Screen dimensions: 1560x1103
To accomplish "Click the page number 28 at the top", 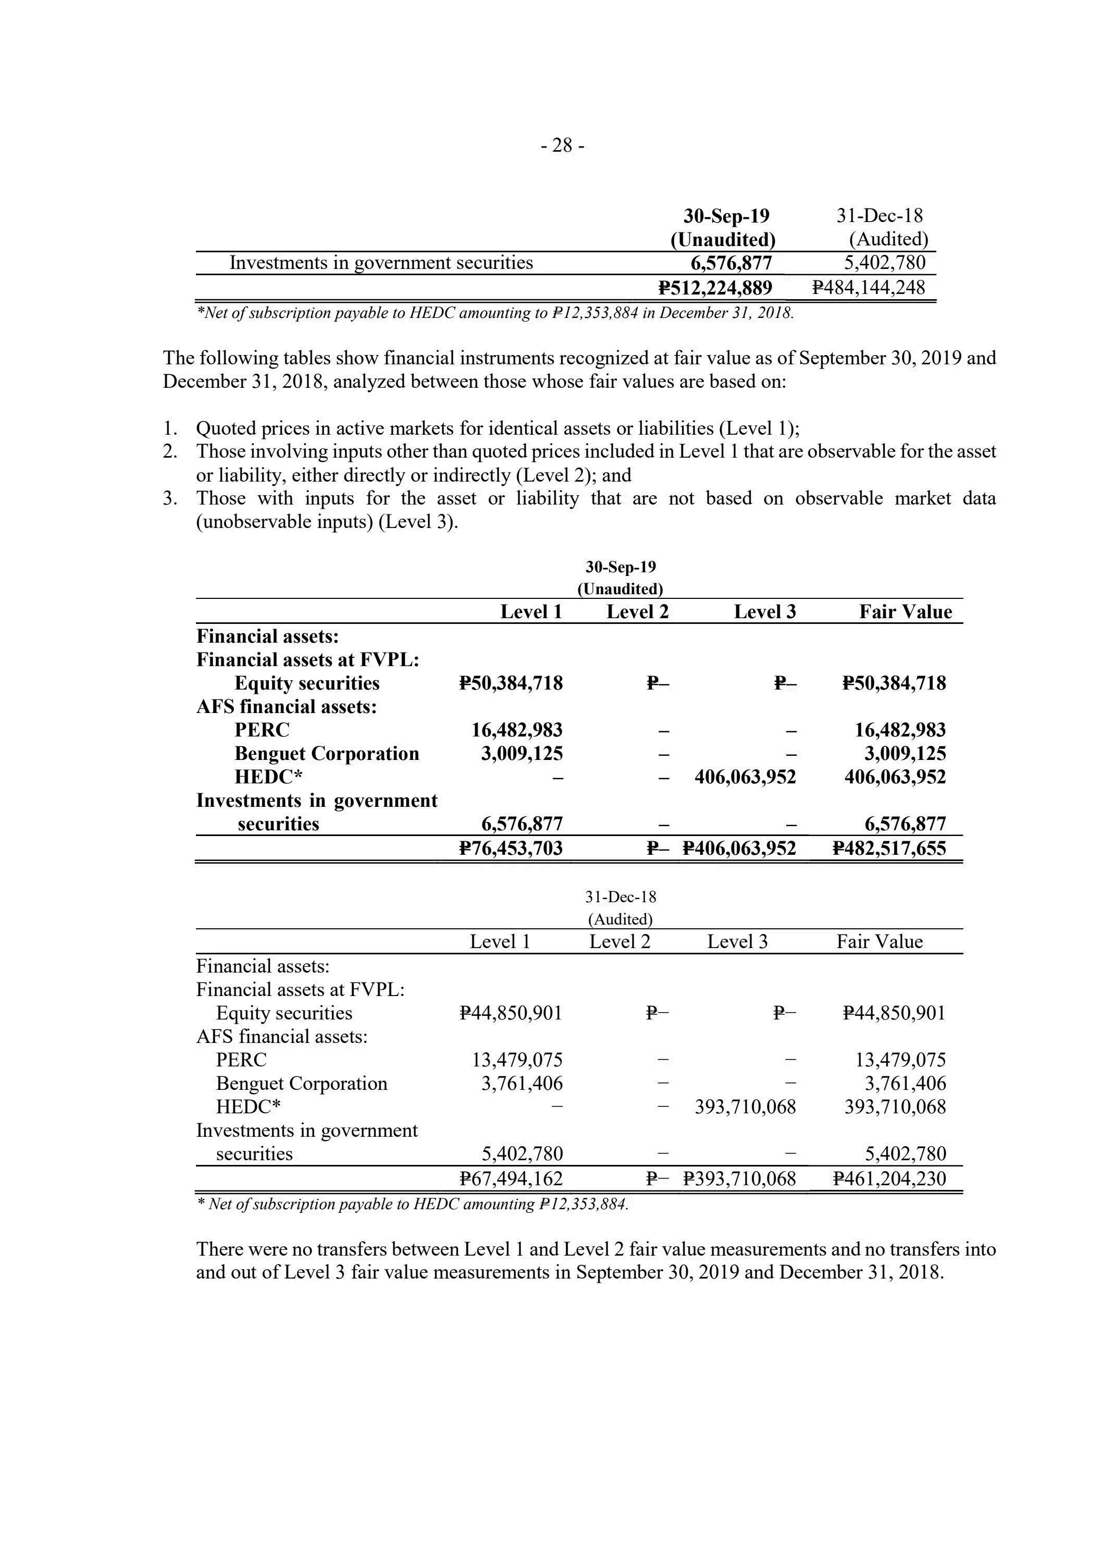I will pyautogui.click(x=562, y=145).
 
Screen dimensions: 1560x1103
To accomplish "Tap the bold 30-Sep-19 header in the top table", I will pyautogui.click(x=726, y=216).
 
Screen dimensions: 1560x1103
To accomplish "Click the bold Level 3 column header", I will pyautogui.click(x=765, y=612).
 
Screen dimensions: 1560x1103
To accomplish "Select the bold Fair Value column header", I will pyautogui.click(x=906, y=612).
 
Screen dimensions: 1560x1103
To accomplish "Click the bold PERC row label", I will pyautogui.click(x=262, y=730).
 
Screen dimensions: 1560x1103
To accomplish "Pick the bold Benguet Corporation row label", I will pyautogui.click(x=327, y=754).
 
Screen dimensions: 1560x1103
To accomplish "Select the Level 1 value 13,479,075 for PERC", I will pyautogui.click(x=517, y=1060).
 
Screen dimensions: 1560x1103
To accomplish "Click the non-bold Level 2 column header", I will pyautogui.click(x=619, y=942).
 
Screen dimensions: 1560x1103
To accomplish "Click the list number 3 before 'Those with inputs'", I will pyautogui.click(x=170, y=499).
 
